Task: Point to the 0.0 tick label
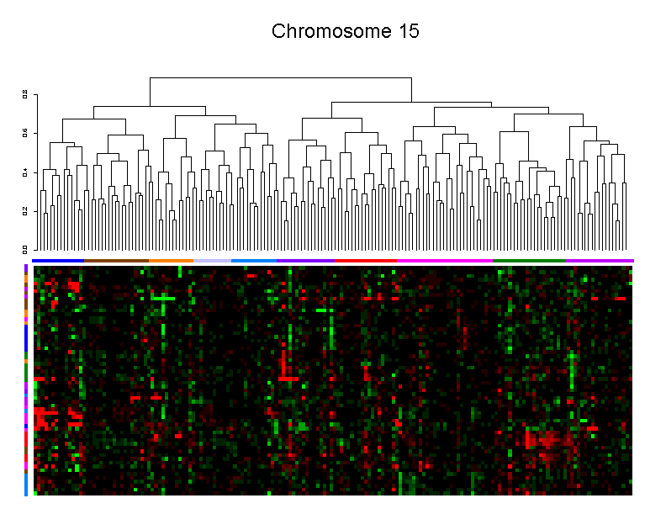coord(25,249)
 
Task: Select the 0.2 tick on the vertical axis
coord(25,210)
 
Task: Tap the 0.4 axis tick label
coord(25,172)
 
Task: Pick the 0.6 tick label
coord(25,132)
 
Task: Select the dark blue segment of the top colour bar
coord(58,260)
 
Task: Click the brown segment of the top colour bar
coord(116,260)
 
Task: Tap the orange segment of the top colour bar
coord(171,260)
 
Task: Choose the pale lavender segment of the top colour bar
coord(212,260)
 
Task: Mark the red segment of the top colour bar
coord(365,260)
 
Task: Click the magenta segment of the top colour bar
coord(444,260)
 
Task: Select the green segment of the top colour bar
coord(528,260)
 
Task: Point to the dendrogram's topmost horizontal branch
coord(280,78)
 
